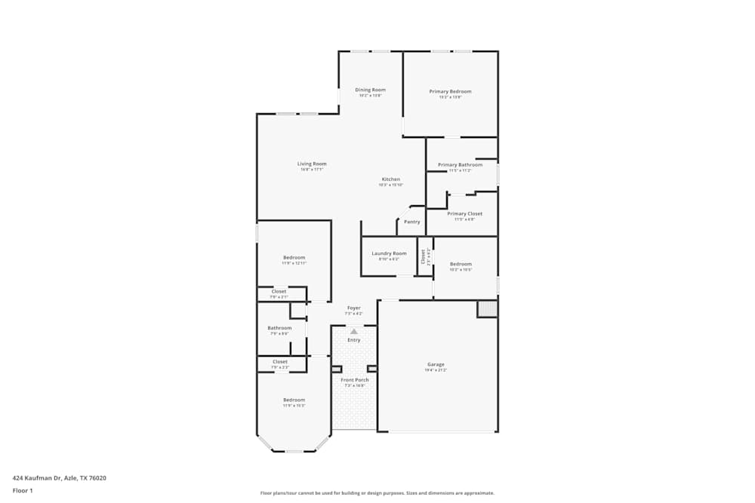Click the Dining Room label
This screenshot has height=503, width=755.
click(x=370, y=90)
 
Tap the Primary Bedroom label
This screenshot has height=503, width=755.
click(x=450, y=91)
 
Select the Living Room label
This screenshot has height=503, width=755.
click(x=311, y=164)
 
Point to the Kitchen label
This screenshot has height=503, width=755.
click(x=390, y=179)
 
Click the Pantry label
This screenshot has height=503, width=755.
click(x=411, y=222)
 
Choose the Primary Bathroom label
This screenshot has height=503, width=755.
click(x=460, y=164)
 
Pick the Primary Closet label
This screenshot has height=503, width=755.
click(x=464, y=213)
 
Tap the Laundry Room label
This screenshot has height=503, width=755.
click(x=389, y=253)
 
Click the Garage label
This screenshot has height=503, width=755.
click(x=436, y=364)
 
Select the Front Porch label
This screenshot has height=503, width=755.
click(x=355, y=379)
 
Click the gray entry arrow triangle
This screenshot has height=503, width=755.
click(x=354, y=331)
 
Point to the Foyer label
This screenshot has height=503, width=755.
click(x=353, y=308)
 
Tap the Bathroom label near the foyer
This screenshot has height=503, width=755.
click(x=279, y=327)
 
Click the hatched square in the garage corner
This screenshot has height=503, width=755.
click(x=487, y=308)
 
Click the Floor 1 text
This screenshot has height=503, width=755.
click(x=23, y=490)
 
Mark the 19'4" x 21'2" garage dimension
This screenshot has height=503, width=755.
click(x=436, y=370)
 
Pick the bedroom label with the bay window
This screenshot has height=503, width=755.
click(x=294, y=400)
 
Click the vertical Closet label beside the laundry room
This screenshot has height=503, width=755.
click(x=424, y=256)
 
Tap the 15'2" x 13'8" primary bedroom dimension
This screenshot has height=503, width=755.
click(x=450, y=97)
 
